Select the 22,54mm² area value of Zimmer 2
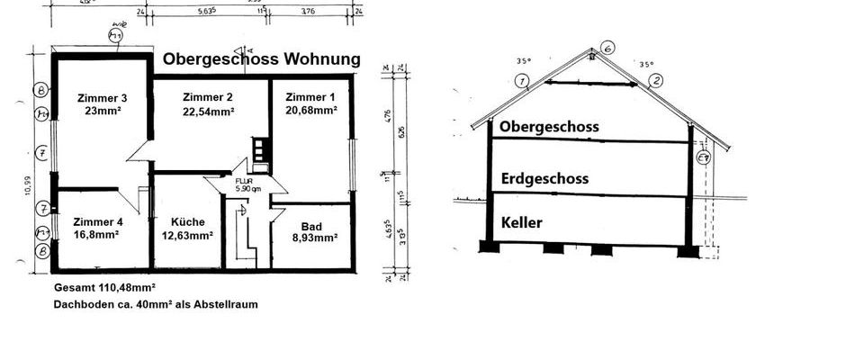[208, 112]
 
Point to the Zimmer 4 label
[98, 221]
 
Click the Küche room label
[188, 221]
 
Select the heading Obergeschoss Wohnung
[261, 59]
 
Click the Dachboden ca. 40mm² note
[156, 304]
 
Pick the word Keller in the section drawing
[523, 222]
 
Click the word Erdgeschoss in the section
[544, 179]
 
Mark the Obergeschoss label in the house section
[549, 127]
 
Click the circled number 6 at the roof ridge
[607, 48]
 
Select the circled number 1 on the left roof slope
[521, 81]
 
